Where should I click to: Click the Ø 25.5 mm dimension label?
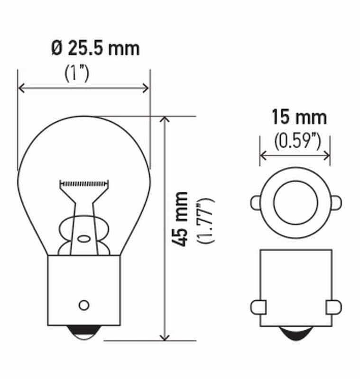click(95, 48)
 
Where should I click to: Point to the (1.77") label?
click(204, 221)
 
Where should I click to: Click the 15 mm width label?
click(299, 117)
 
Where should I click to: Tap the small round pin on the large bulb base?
click(84, 305)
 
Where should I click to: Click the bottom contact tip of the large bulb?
click(84, 334)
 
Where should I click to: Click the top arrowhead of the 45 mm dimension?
click(165, 120)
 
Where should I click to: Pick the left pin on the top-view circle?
click(256, 203)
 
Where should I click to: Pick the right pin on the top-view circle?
click(335, 203)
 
